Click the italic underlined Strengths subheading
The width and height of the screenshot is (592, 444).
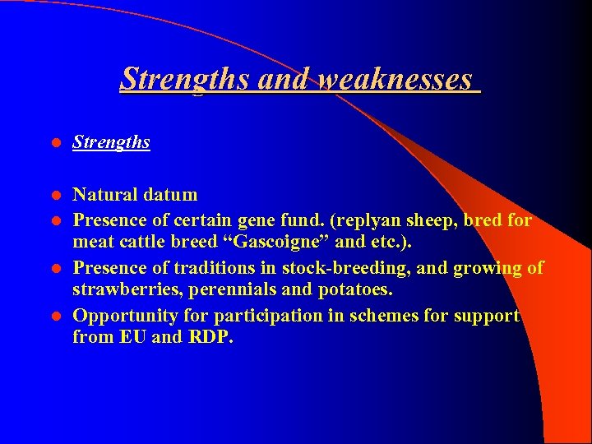[x=111, y=142]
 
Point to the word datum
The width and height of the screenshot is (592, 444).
[x=170, y=195]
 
